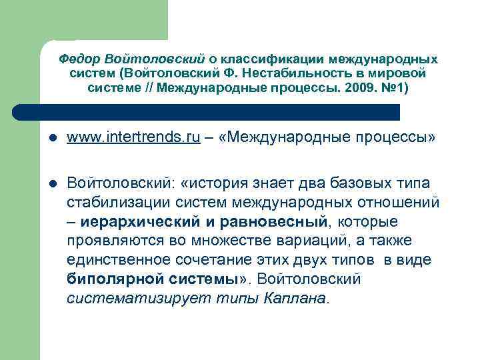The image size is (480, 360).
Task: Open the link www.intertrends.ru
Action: click(133, 138)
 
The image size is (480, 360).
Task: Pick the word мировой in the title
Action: click(401, 73)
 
